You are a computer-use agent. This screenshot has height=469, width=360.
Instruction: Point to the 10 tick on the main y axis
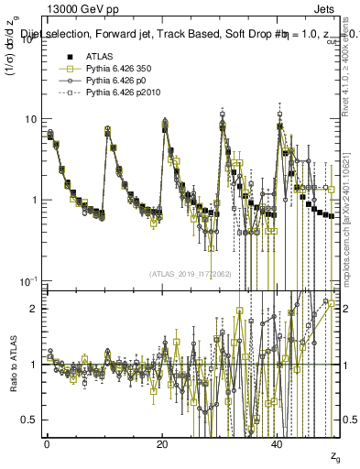point(30,119)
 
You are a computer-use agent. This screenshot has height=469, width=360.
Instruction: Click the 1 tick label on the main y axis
point(34,200)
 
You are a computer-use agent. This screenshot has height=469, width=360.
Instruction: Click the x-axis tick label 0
point(48,444)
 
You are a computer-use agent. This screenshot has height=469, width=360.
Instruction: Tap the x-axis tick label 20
point(162,444)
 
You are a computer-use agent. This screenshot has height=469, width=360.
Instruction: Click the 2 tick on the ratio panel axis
point(34,309)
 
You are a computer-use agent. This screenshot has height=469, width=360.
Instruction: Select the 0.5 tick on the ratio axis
point(30,420)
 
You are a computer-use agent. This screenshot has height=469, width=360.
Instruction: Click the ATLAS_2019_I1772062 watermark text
point(191,273)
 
